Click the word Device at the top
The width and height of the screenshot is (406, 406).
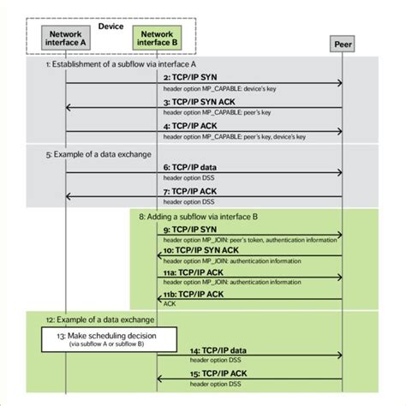(x=110, y=27)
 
